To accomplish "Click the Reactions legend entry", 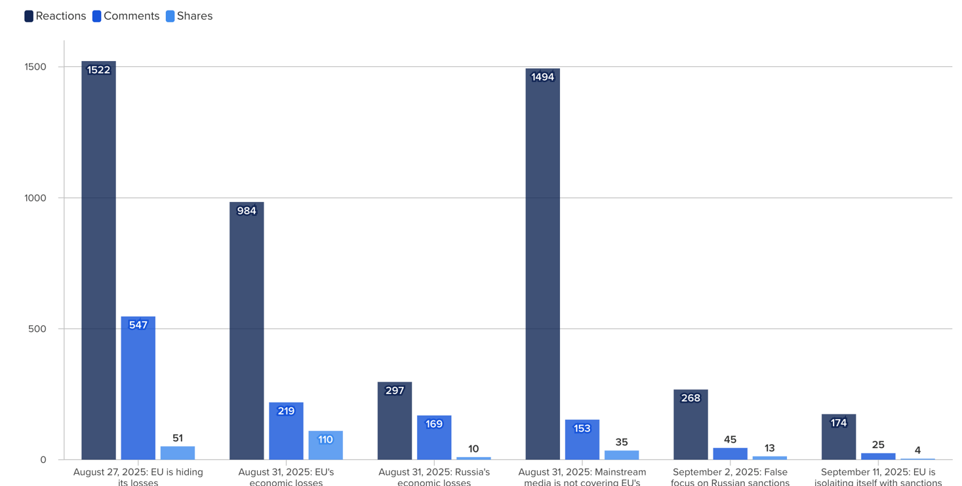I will pos(55,16).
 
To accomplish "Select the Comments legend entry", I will pos(126,16).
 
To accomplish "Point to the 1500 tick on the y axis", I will pos(35,67).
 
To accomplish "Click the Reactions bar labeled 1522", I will pos(98,262).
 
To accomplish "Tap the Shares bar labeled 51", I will pos(178,453).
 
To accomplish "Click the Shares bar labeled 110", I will pos(325,446).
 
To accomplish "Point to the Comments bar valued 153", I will pos(582,440).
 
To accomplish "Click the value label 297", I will pos(395,391).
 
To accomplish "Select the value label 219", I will pos(286,411).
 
